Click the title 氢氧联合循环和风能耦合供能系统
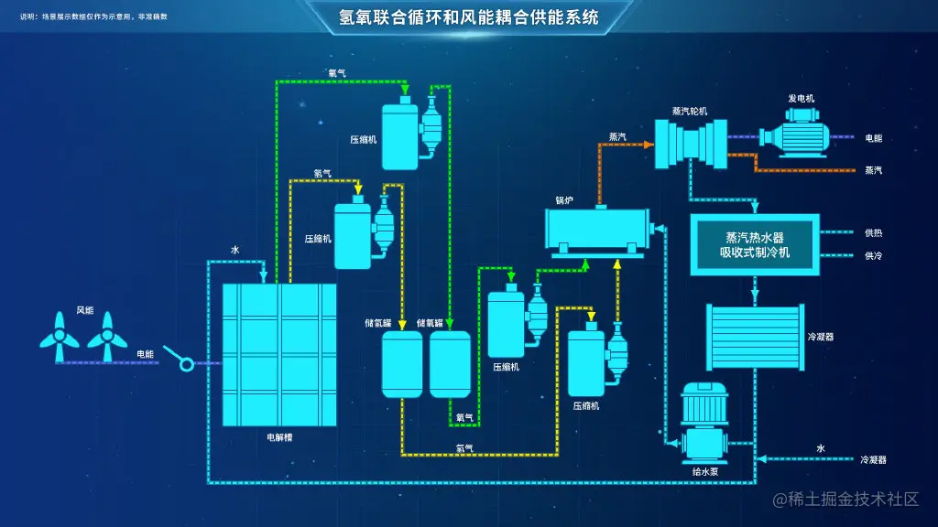(x=469, y=16)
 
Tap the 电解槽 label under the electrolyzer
(x=279, y=437)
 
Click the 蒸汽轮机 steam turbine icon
(x=689, y=143)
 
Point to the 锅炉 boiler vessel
(x=599, y=230)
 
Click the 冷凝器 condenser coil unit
(x=755, y=336)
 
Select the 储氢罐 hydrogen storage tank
(x=401, y=363)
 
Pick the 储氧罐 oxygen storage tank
(x=450, y=363)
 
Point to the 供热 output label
(x=873, y=232)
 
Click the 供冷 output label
(x=873, y=256)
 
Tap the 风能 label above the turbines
(x=86, y=309)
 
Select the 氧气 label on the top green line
(x=337, y=72)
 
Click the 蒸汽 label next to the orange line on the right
(x=873, y=170)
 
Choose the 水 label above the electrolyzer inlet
(x=234, y=249)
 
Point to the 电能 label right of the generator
(x=873, y=138)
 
